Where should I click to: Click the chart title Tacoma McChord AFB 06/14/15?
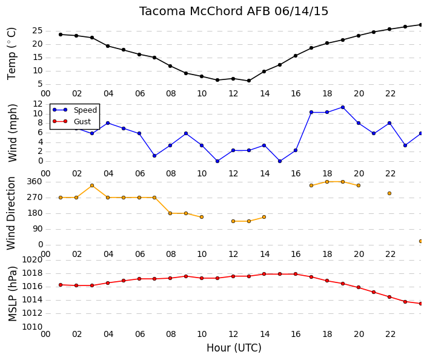point(234,12)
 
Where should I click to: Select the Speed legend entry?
point(74,110)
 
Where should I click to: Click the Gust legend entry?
point(71,122)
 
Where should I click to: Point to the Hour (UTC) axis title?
point(234,348)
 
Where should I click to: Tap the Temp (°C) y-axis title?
point(12,54)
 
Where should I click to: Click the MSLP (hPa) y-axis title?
point(12,294)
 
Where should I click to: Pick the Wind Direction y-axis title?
point(11,213)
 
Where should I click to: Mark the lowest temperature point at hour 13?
point(249,81)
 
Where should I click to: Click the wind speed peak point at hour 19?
point(343,107)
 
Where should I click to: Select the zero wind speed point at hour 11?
point(217,161)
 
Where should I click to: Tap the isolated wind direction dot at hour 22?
point(389,193)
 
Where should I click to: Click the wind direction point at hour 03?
point(92,185)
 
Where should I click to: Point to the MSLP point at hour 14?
point(264,274)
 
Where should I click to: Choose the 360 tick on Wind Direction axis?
point(35,182)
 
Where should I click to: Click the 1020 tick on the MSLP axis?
point(32,260)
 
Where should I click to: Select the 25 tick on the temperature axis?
point(38,31)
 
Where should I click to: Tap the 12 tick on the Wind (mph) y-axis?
point(38,104)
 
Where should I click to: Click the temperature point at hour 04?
point(108,46)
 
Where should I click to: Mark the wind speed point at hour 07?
point(154,156)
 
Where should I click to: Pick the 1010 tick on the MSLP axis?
point(32,327)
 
